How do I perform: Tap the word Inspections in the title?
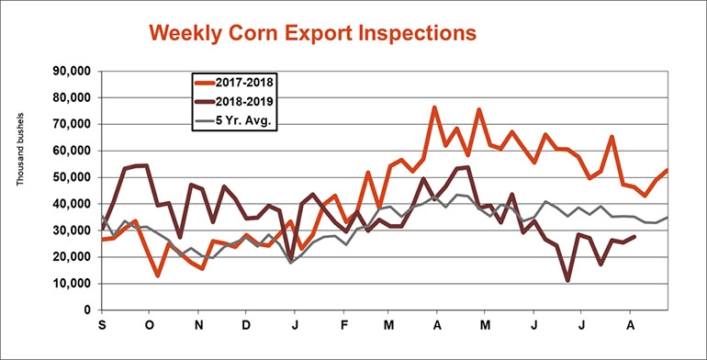click(410, 33)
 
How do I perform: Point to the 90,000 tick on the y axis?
click(68, 71)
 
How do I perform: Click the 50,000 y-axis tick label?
click(68, 177)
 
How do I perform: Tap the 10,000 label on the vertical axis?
click(68, 284)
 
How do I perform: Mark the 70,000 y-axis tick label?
click(68, 124)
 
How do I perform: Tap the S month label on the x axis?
click(100, 326)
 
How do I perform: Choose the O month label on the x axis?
click(149, 326)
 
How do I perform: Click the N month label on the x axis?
click(199, 326)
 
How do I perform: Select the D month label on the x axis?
click(247, 326)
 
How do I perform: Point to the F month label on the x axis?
click(343, 326)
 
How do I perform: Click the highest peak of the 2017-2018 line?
click(434, 107)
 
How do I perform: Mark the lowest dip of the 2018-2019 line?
click(568, 280)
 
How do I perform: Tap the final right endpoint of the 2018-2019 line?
click(636, 237)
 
